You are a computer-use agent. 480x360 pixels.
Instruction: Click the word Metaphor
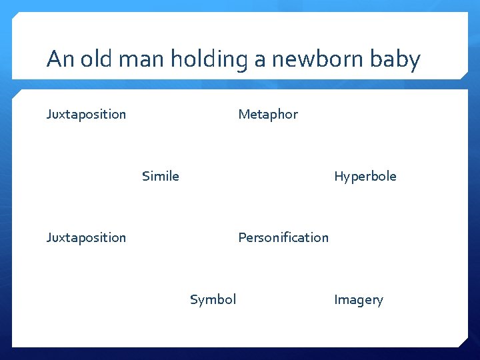[268, 115]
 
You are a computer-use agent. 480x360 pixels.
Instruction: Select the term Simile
[161, 177]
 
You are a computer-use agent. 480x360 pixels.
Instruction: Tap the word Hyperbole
[365, 177]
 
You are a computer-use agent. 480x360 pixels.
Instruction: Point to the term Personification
[283, 238]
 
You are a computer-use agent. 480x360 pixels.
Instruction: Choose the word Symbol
[213, 300]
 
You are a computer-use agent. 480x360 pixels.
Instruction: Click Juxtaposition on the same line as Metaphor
[86, 115]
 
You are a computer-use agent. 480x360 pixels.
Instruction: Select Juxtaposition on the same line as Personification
[86, 238]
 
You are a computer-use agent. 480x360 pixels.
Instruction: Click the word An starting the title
[59, 60]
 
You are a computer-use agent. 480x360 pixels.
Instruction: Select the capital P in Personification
[242, 238]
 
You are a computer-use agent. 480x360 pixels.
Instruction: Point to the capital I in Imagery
[336, 300]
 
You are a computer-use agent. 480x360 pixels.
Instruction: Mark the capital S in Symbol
[194, 300]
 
